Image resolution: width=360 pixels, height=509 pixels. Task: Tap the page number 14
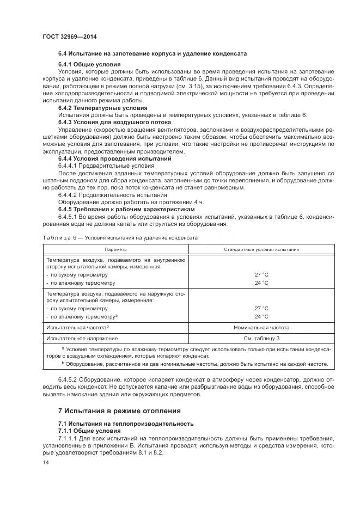click(46, 462)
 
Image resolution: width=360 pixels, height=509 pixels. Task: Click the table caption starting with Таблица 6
click(120, 238)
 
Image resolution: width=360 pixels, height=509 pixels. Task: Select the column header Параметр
click(115, 249)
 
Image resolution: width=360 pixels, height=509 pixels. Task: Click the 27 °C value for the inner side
click(261, 275)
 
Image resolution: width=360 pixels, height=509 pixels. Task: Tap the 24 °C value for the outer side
click(261, 316)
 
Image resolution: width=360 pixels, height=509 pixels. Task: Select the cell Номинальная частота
click(261, 327)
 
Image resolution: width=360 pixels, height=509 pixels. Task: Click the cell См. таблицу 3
click(261, 338)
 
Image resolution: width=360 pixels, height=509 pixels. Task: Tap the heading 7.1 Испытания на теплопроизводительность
click(125, 423)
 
